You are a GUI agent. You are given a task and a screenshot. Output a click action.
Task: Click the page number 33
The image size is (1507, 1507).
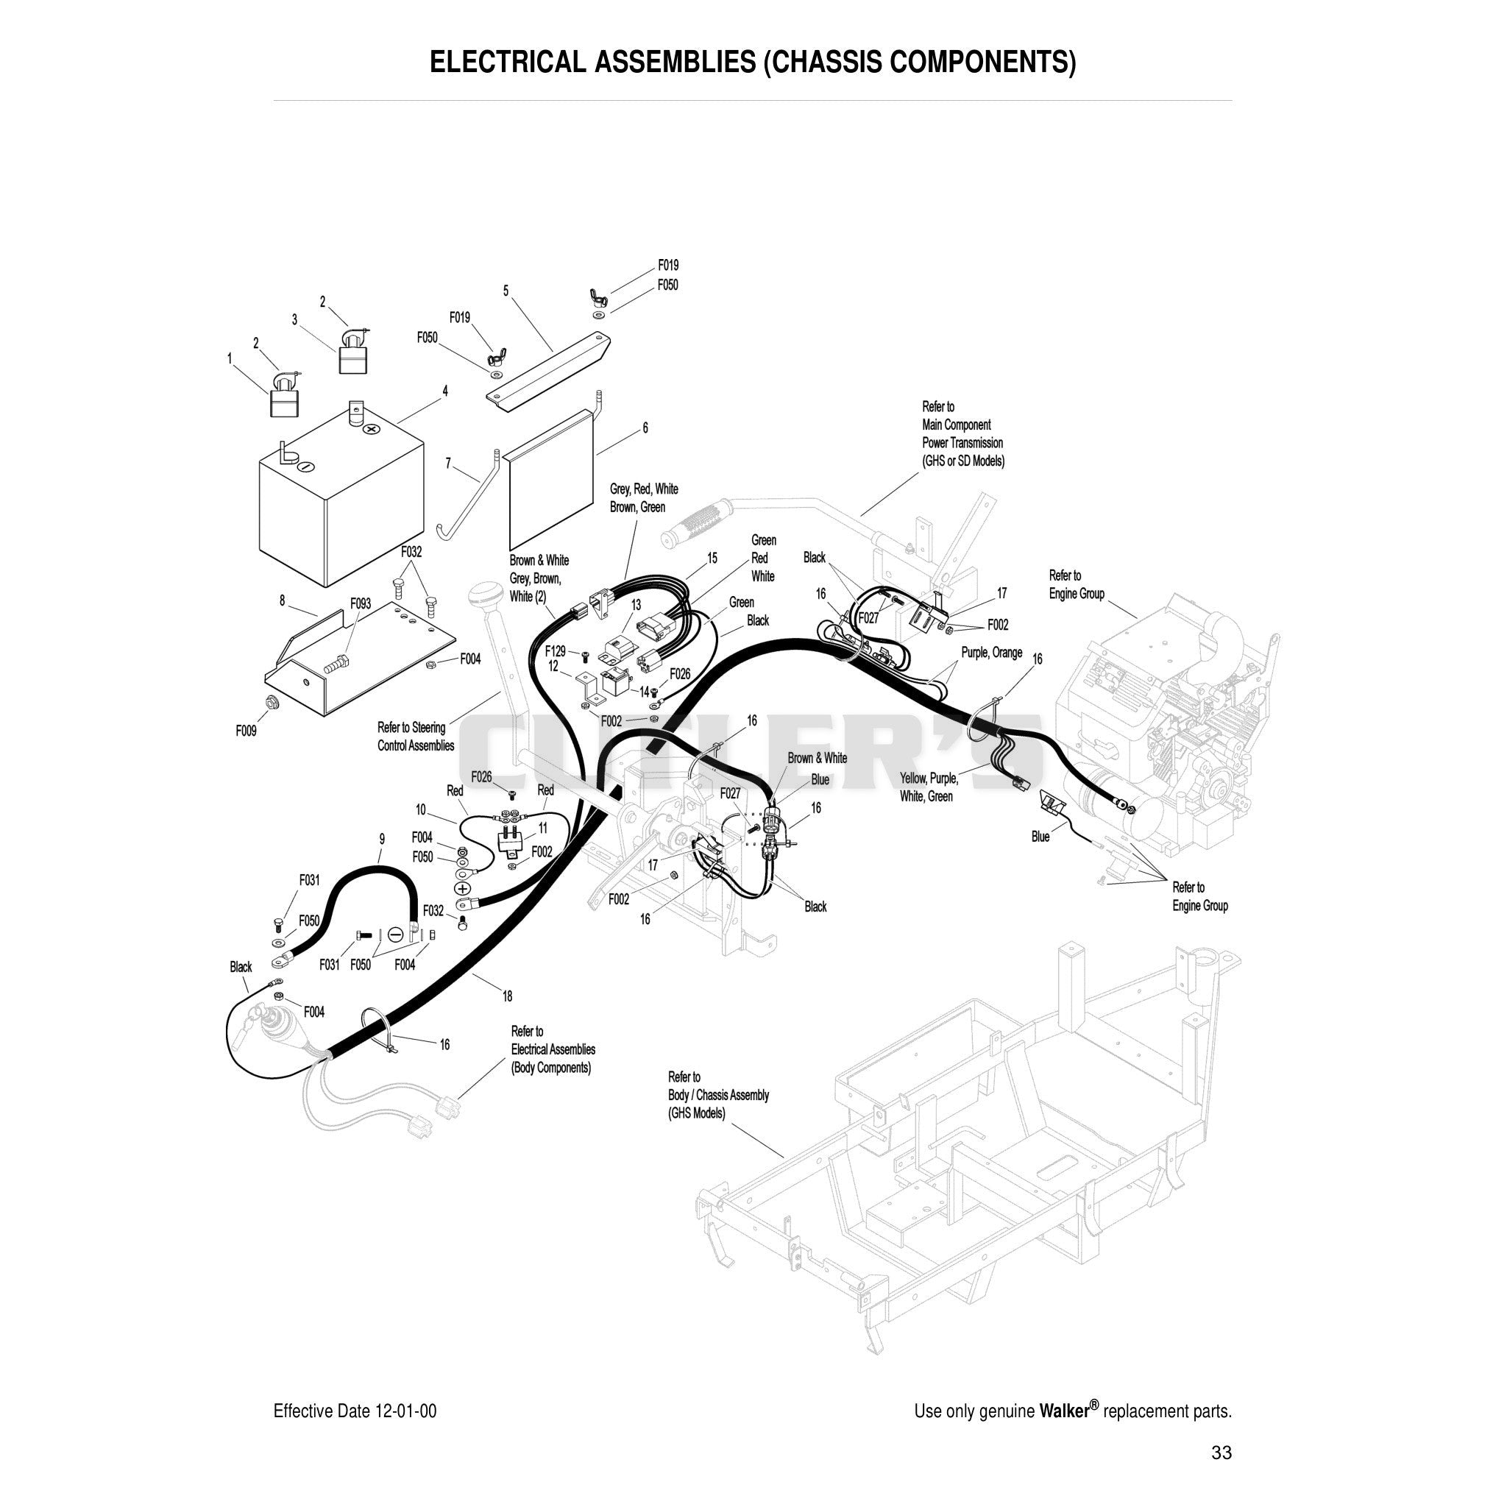pos(1221,1453)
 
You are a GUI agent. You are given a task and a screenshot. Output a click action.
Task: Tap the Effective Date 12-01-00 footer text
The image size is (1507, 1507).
pos(355,1411)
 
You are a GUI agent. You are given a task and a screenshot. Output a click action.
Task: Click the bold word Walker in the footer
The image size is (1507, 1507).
pos(1064,1411)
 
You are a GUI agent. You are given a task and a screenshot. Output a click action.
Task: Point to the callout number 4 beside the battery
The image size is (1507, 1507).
pos(445,391)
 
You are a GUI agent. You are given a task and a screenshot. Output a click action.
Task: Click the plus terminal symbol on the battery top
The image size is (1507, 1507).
pos(372,429)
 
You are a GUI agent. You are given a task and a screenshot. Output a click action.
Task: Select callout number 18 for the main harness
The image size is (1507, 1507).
pos(508,996)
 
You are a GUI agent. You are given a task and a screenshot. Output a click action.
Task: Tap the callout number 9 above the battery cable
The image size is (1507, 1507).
pos(382,840)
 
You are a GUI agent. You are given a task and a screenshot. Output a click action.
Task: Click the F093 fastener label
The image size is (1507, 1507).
pos(361,603)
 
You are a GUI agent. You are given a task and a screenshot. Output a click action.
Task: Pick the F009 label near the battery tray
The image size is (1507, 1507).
pos(247,731)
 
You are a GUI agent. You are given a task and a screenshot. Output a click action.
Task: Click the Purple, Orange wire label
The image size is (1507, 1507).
pos(991,653)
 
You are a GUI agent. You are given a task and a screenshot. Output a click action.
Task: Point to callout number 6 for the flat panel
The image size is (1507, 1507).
pos(645,428)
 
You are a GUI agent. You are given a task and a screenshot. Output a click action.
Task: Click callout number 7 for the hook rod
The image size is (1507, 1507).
pos(447,464)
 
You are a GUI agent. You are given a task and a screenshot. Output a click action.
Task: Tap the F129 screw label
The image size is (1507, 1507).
pos(556,651)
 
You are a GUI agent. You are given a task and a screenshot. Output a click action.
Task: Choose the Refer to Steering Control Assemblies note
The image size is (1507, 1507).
pos(416,737)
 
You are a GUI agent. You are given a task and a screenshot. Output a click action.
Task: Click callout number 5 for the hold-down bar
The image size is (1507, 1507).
pos(506,291)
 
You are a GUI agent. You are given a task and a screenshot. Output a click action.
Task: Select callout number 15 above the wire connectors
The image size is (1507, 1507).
pos(712,558)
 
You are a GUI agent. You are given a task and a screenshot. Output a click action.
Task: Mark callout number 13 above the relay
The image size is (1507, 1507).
pos(637,605)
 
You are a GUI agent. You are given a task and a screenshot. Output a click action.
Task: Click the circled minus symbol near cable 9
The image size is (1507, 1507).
pos(395,934)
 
